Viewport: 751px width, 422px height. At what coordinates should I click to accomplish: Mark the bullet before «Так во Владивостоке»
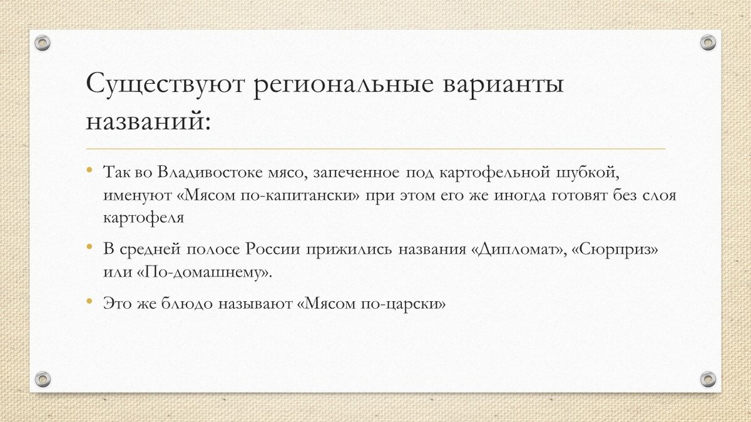point(89,171)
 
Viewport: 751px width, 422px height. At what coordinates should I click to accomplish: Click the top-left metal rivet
point(43,43)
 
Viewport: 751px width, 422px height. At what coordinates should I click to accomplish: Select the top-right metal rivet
point(708,43)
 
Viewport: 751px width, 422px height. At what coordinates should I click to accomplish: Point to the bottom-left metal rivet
point(43,378)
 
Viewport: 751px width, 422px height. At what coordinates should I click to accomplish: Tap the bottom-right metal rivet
point(708,378)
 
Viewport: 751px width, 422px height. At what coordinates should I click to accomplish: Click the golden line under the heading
point(375,149)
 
